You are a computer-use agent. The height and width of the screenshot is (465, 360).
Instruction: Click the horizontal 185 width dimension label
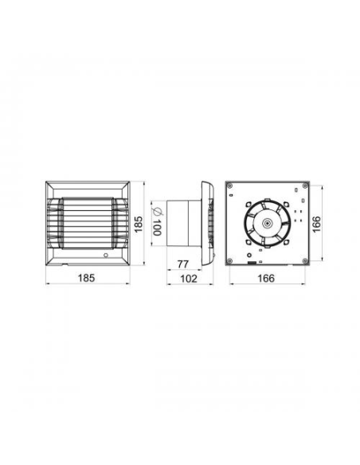click(x=86, y=278)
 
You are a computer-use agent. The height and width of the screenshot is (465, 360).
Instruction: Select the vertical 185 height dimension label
click(x=139, y=225)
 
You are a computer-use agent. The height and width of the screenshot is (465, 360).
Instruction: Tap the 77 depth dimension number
click(x=183, y=264)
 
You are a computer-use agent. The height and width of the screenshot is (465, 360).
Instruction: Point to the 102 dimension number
click(x=189, y=279)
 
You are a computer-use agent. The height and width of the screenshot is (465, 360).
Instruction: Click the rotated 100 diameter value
click(x=157, y=228)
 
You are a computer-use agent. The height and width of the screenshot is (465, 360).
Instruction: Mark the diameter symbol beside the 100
click(x=157, y=212)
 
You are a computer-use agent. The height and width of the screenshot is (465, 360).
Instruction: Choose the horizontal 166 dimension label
click(x=266, y=278)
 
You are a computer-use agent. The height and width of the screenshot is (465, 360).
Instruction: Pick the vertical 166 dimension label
click(x=316, y=225)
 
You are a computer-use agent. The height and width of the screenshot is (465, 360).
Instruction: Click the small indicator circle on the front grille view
click(x=106, y=256)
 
